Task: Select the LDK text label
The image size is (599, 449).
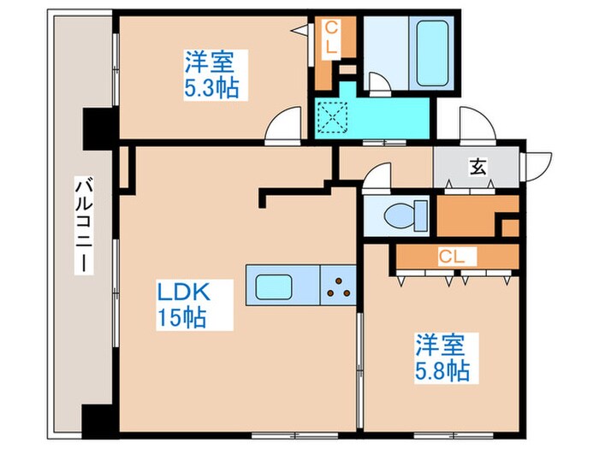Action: coord(182,293)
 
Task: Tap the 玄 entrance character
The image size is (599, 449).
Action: coord(477,167)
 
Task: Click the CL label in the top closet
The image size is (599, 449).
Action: coord(329,39)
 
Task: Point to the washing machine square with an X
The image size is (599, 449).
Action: coord(329,117)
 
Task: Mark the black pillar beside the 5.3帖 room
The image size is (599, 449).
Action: coord(94,128)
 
